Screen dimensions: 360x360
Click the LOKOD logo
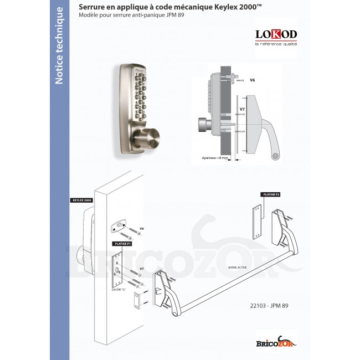(x=276, y=35)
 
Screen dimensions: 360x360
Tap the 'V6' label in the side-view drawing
(x=253, y=80)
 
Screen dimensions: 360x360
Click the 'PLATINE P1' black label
(x=122, y=243)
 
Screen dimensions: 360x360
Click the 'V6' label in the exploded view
(x=142, y=228)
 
